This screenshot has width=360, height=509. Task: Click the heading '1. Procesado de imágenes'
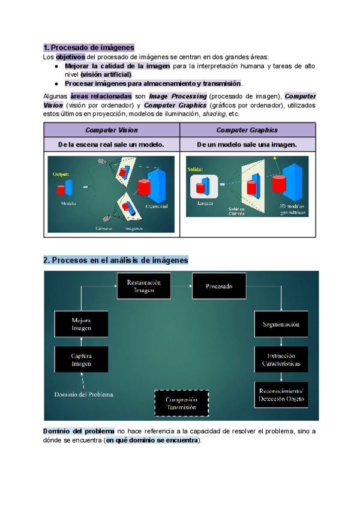pyautogui.click(x=89, y=47)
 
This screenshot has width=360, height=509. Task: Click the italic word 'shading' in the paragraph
pyautogui.click(x=214, y=113)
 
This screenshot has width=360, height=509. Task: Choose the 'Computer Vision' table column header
pyautogui.click(x=112, y=130)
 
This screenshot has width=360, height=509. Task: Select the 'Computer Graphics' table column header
pyautogui.click(x=247, y=130)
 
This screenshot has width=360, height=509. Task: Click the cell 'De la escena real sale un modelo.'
pyautogui.click(x=112, y=145)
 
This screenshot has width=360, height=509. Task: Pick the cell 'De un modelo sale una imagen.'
pyautogui.click(x=247, y=145)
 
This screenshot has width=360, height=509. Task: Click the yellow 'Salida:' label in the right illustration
pyautogui.click(x=195, y=169)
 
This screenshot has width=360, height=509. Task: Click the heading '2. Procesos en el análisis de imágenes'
pyautogui.click(x=116, y=261)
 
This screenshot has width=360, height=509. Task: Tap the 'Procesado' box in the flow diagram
pyautogui.click(x=218, y=286)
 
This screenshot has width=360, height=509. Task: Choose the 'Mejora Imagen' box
pyautogui.click(x=81, y=324)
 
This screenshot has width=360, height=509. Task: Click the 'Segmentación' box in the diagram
pyautogui.click(x=281, y=324)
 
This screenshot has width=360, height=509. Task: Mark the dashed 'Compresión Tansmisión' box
pyautogui.click(x=182, y=403)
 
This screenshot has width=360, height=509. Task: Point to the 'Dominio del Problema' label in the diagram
pyautogui.click(x=83, y=394)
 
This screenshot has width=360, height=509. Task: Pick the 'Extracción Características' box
pyautogui.click(x=281, y=360)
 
